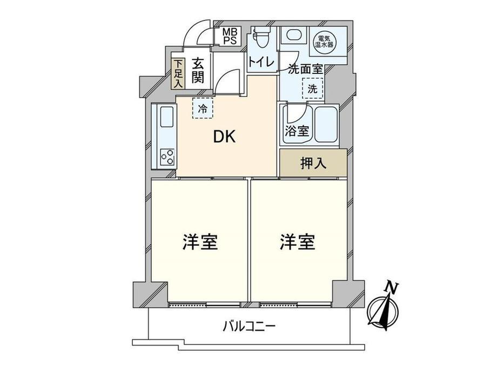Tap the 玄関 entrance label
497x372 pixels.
(x=197, y=71)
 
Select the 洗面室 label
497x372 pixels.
(x=306, y=69)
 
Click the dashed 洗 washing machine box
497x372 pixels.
(x=313, y=89)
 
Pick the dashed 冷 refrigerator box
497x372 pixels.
(x=203, y=108)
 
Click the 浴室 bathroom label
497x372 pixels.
(x=297, y=131)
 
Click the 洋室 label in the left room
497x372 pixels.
(x=199, y=243)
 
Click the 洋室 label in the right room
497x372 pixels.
(x=297, y=243)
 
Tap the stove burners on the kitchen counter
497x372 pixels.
(x=167, y=157)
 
